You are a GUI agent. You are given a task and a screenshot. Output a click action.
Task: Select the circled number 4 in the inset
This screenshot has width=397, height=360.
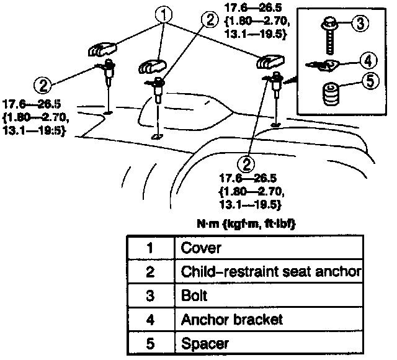point(367,61)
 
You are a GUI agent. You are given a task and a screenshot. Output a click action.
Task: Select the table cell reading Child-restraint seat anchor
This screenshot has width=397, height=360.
point(270,272)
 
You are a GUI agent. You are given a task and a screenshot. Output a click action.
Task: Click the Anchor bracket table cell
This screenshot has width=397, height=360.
point(231,319)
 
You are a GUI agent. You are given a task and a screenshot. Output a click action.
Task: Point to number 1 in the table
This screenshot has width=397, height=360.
point(149,248)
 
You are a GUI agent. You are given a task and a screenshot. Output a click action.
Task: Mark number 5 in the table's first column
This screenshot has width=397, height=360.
point(149,343)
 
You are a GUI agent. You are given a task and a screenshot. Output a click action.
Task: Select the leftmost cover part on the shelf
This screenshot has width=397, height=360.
point(103,49)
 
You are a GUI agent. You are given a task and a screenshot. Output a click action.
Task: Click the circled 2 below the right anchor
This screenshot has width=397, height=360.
point(248,163)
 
